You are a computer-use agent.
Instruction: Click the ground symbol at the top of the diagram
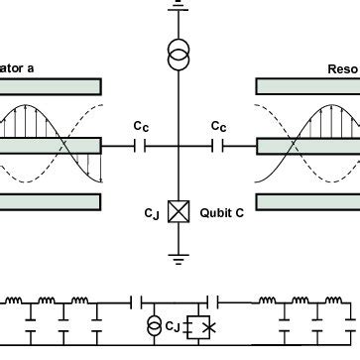coord(179,4)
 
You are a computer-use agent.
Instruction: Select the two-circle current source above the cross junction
coord(179,56)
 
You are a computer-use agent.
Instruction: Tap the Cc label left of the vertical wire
coord(143,127)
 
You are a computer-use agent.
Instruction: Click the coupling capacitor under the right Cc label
coord(219,146)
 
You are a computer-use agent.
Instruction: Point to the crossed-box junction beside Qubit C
coord(180,211)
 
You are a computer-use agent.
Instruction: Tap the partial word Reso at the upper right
coord(342,69)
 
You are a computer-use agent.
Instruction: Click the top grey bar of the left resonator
coord(50,87)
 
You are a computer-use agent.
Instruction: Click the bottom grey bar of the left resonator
coord(50,202)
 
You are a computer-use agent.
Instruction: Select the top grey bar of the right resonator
coord(307,87)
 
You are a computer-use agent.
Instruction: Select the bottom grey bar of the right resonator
coord(307,202)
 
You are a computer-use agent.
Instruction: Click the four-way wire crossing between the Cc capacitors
coord(180,146)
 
